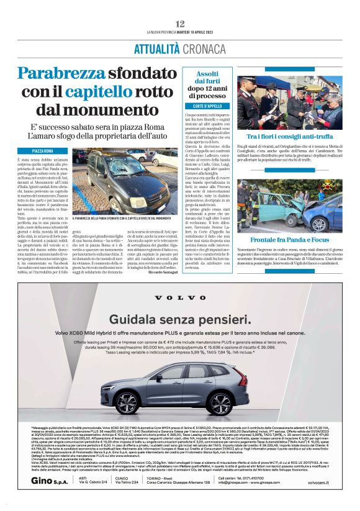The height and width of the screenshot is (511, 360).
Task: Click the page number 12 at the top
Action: click(x=180, y=23)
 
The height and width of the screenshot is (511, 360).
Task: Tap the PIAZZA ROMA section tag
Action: click(x=43, y=151)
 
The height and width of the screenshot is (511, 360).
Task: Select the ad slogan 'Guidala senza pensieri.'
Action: click(x=180, y=319)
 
